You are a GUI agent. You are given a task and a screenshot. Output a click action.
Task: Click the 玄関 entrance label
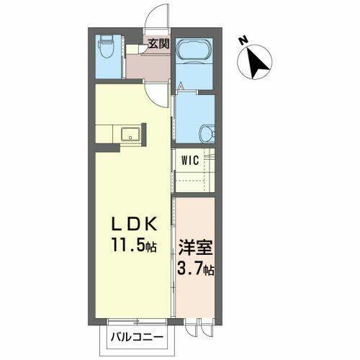pos(158,42)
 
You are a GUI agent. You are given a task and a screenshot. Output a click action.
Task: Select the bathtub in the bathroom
pos(192,53)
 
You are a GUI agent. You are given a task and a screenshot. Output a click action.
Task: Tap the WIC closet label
pos(190,160)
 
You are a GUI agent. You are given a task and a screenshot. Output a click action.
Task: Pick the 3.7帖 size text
pos(194,271)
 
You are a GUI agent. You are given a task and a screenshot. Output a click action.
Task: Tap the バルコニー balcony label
pos(137,337)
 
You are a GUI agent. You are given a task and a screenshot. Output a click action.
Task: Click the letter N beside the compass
pos(244,41)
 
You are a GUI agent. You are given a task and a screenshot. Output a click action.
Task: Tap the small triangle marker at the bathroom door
pos(181,87)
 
